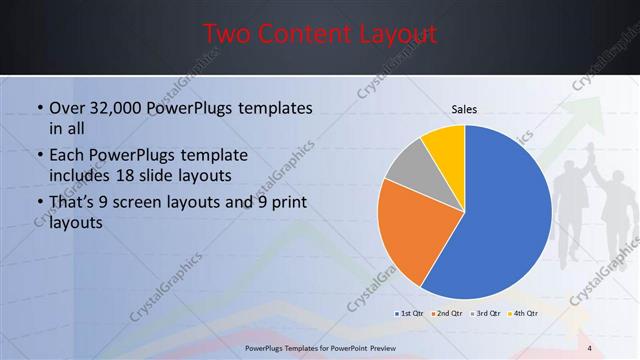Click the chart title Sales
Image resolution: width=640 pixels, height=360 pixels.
click(465, 109)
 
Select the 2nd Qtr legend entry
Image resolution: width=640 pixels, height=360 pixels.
click(447, 313)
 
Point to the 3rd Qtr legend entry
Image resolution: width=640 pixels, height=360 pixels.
click(485, 313)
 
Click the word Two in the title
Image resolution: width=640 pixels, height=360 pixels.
click(227, 34)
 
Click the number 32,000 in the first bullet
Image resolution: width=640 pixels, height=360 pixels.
click(119, 108)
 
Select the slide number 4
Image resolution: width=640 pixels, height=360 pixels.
click(590, 347)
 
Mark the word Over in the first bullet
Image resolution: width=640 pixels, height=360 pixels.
click(67, 108)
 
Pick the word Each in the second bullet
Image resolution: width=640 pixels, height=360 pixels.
click(67, 156)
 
